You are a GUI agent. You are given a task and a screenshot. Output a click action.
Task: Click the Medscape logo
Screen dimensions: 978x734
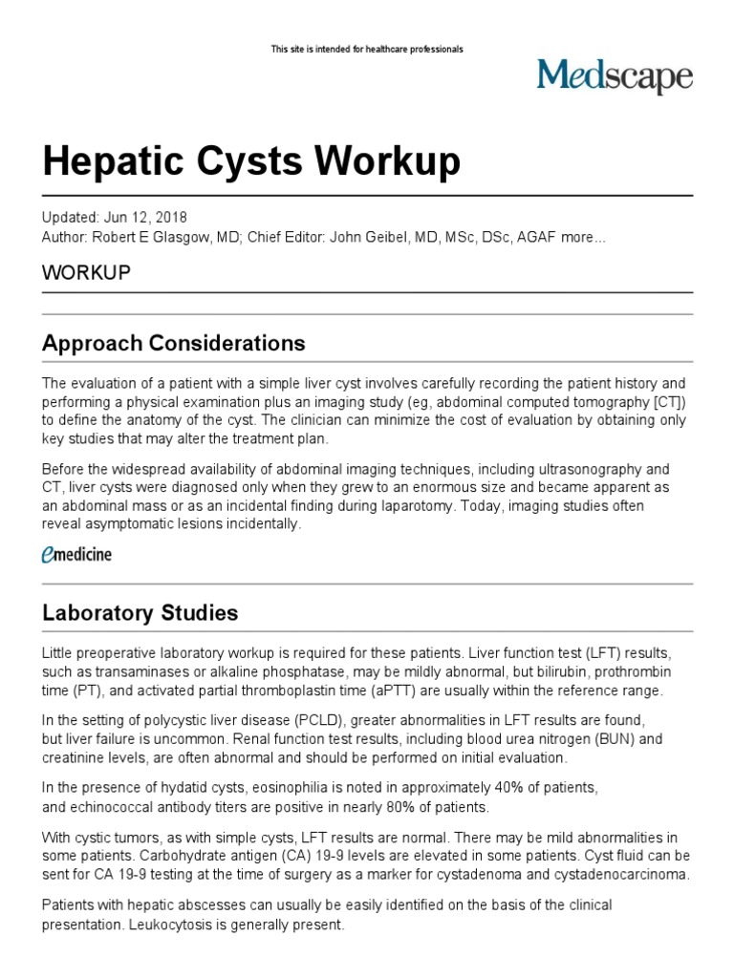click(614, 76)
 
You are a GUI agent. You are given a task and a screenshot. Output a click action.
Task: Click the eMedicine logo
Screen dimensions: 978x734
click(76, 554)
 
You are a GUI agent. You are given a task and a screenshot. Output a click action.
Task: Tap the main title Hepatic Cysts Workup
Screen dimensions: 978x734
click(238, 163)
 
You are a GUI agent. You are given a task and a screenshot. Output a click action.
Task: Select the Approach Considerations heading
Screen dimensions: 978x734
click(174, 343)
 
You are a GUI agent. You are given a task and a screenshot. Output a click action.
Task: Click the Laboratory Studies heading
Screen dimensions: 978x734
click(140, 612)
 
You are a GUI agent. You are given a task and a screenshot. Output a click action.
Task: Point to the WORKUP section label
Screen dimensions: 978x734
click(86, 272)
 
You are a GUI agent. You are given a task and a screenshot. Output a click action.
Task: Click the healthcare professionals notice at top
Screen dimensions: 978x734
click(367, 49)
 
